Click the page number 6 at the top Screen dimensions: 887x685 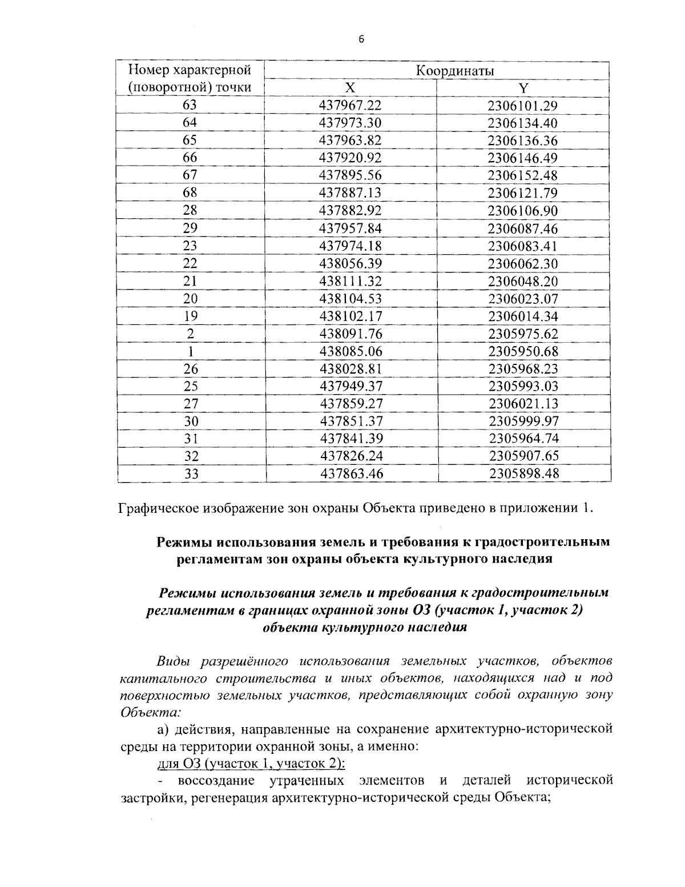tap(361, 39)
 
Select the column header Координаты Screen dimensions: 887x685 tap(454, 71)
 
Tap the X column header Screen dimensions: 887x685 tap(350, 88)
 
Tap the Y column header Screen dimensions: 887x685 tap(523, 88)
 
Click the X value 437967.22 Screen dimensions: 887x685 tap(350, 106)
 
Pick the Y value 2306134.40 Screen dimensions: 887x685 tap(523, 123)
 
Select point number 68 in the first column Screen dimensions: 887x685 tap(190, 192)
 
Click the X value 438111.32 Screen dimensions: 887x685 tap(350, 281)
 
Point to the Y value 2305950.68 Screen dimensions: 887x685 tap(523, 351)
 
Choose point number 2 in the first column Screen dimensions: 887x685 tap(190, 334)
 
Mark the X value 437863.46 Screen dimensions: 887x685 tap(350, 473)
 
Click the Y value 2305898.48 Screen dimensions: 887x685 tap(523, 473)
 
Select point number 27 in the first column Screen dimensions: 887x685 tap(190, 404)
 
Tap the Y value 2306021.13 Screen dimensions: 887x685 tap(523, 404)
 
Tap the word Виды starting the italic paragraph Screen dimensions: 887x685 tap(174, 662)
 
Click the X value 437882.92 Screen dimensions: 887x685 tap(350, 211)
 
